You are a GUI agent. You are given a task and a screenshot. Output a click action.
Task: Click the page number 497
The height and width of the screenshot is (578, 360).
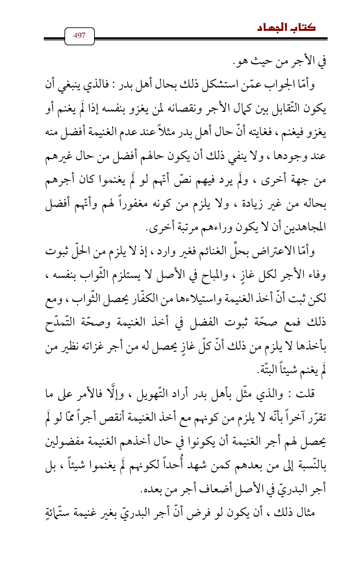point(79,36)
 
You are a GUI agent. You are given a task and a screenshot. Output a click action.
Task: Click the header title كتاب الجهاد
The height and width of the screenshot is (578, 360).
point(286,27)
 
